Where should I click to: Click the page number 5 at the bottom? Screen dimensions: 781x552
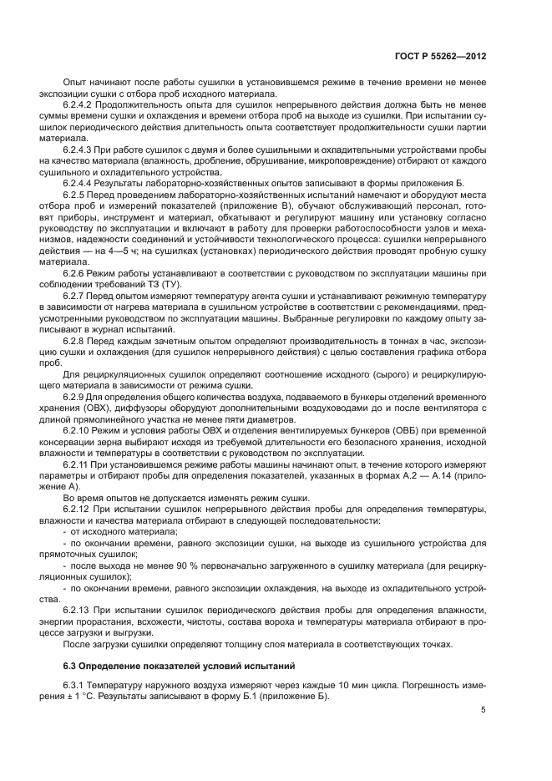click(x=484, y=710)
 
